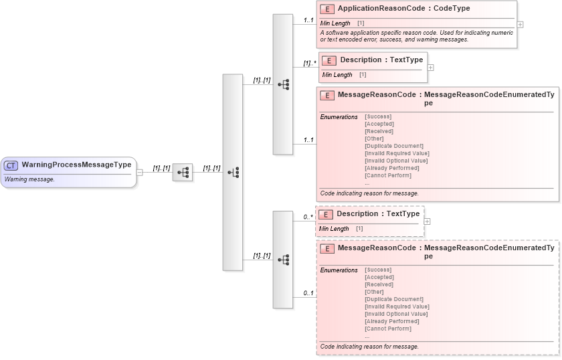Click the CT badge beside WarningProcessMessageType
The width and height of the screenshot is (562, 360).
click(x=11, y=165)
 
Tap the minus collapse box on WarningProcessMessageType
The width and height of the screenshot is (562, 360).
click(x=139, y=172)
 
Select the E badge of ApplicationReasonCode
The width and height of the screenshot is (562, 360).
click(x=327, y=9)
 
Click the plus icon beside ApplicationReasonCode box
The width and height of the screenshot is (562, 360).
click(x=521, y=24)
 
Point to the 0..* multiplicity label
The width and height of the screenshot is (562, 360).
click(x=308, y=216)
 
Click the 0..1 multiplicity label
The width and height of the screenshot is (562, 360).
click(x=308, y=293)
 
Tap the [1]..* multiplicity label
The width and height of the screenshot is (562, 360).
click(x=308, y=64)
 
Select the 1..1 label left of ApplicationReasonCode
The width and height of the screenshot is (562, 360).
click(x=308, y=20)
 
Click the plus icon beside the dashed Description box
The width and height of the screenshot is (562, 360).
click(x=428, y=221)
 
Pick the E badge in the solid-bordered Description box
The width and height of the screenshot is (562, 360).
click(x=329, y=60)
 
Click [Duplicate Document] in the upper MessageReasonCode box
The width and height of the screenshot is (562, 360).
click(x=393, y=146)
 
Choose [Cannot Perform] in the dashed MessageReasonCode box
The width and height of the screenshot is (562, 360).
click(x=387, y=329)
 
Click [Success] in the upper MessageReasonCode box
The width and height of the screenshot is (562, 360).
click(x=378, y=116)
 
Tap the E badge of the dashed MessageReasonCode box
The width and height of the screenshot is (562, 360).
click(x=327, y=249)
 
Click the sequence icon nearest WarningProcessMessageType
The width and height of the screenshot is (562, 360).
click(x=183, y=173)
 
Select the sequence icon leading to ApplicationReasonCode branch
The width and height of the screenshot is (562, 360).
click(x=283, y=84)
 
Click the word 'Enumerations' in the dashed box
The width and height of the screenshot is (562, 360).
click(x=339, y=270)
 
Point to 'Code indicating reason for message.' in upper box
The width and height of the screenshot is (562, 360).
click(x=369, y=193)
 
